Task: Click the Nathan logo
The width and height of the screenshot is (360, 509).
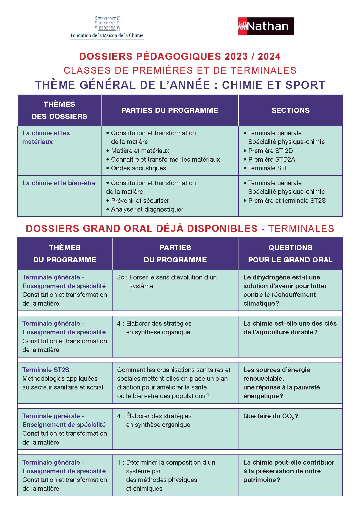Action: pos(266,26)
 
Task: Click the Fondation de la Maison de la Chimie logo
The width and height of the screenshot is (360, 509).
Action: pos(107,28)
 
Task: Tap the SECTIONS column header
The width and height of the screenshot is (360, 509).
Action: pos(290,110)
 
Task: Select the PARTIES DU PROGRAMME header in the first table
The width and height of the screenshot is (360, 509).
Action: pos(170,110)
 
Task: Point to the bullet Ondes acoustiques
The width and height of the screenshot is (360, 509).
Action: pos(138,168)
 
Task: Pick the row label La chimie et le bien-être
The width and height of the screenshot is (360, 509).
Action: pos(59,183)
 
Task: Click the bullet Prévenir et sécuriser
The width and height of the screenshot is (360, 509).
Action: pos(140,201)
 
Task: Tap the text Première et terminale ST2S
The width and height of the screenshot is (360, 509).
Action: pos(287,201)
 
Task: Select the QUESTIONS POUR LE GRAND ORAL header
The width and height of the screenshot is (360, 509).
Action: pos(290,254)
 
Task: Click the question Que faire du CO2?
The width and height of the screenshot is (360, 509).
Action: pos(270,416)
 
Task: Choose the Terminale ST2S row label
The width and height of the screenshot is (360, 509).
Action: pos(46,370)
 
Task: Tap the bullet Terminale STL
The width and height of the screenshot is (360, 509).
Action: pos(268,168)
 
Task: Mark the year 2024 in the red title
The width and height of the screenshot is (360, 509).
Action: pos(269,56)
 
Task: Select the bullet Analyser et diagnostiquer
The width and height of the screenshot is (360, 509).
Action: pos(147,210)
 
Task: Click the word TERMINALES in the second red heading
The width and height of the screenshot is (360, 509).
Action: pos(301,229)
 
